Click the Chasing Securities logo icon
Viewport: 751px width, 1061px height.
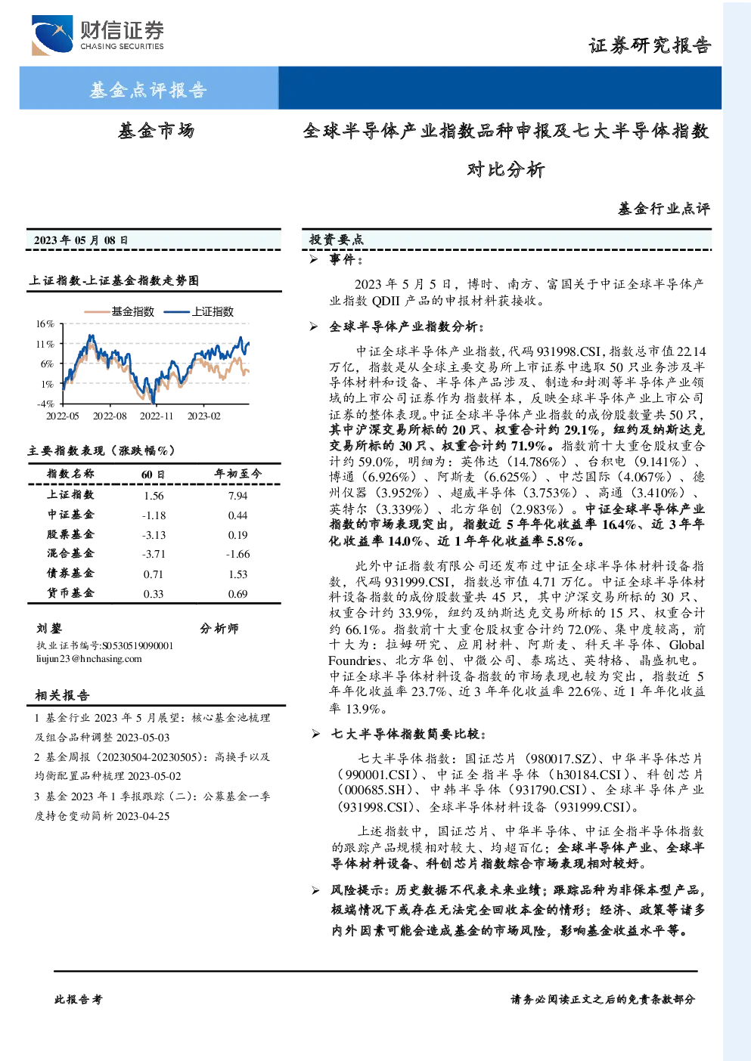[52, 35]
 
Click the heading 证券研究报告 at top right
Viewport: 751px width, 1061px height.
[650, 45]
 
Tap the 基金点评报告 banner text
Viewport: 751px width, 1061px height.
[148, 89]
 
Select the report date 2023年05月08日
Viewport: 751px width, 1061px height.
[81, 240]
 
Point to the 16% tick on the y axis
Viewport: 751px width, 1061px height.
[45, 324]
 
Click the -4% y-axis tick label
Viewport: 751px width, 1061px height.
[45, 404]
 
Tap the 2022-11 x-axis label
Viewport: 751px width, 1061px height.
[157, 416]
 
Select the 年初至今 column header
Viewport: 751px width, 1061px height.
[237, 474]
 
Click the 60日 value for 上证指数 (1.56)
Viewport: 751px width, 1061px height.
[154, 496]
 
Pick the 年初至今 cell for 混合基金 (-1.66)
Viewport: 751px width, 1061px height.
[237, 554]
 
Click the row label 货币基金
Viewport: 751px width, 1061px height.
[70, 593]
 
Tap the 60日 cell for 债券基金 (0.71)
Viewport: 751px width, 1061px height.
[154, 574]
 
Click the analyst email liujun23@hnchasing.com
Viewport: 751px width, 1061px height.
[88, 659]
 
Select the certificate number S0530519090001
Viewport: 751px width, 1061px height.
[138, 645]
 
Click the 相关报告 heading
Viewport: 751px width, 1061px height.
[62, 695]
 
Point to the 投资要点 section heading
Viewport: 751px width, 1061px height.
[336, 240]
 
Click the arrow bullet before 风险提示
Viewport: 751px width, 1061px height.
[315, 891]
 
